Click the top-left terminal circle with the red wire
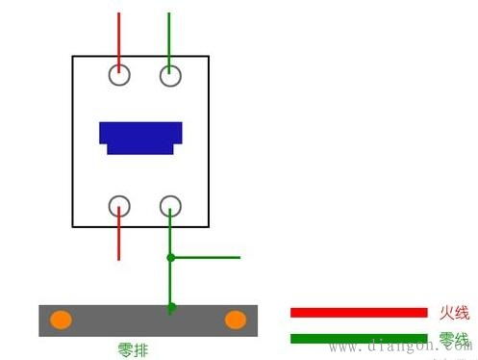pyautogui.click(x=119, y=74)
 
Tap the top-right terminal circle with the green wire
pyautogui.click(x=170, y=74)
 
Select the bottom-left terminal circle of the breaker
pyautogui.click(x=119, y=204)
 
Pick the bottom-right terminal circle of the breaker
pyautogui.click(x=170, y=204)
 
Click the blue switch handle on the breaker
pyautogui.click(x=141, y=138)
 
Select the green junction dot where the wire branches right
pyautogui.click(x=170, y=258)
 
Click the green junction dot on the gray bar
pyautogui.click(x=170, y=308)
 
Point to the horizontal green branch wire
pyautogui.click(x=207, y=258)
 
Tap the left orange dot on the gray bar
pyautogui.click(x=61, y=320)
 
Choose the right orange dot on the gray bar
pyautogui.click(x=235, y=320)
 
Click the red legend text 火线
pyautogui.click(x=453, y=312)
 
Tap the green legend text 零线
pyautogui.click(x=453, y=338)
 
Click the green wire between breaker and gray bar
pyautogui.click(x=170, y=283)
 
